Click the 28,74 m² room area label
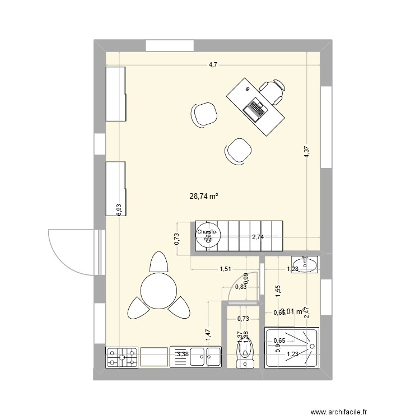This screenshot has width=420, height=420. [x=204, y=197]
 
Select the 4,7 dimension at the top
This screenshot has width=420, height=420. [x=213, y=65]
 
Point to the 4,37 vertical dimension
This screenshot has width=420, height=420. [x=307, y=152]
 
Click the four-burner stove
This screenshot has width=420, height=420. [x=123, y=357]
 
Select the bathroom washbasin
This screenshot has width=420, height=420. [x=305, y=264]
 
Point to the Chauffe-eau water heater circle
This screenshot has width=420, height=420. [x=207, y=236]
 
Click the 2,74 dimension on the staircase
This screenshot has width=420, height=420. [x=258, y=237]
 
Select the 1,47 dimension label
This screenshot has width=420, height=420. [x=208, y=335]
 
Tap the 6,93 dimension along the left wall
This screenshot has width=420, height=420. [x=119, y=209]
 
